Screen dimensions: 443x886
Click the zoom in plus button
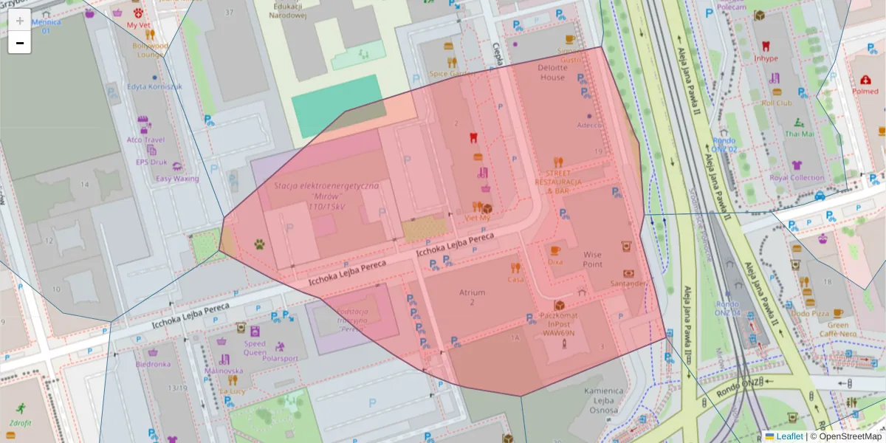(x=20, y=21)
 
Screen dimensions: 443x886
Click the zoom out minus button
(x=20, y=43)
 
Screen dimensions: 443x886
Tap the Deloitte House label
(x=552, y=72)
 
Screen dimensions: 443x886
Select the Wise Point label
(x=592, y=259)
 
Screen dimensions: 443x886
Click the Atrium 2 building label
(x=472, y=297)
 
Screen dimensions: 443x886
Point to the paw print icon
(x=260, y=243)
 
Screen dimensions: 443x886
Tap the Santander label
(x=628, y=283)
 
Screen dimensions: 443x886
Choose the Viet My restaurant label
(x=478, y=218)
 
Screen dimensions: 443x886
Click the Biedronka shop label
(x=154, y=363)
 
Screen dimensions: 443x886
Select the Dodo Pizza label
(x=810, y=313)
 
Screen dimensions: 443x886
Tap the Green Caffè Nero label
(x=837, y=329)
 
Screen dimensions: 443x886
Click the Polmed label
(x=865, y=92)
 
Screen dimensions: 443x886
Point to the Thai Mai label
(x=800, y=134)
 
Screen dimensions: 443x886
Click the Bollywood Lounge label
(x=150, y=49)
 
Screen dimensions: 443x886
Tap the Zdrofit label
(x=21, y=423)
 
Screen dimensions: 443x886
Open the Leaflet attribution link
(x=789, y=436)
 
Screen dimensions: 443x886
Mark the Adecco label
(x=589, y=125)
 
